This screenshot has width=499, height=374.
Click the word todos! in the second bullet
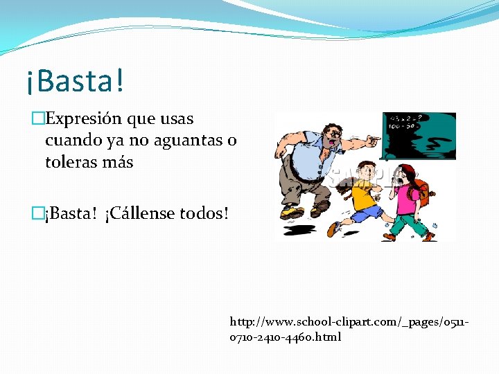tap(204, 213)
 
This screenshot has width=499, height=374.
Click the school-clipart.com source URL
tap(350, 329)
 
